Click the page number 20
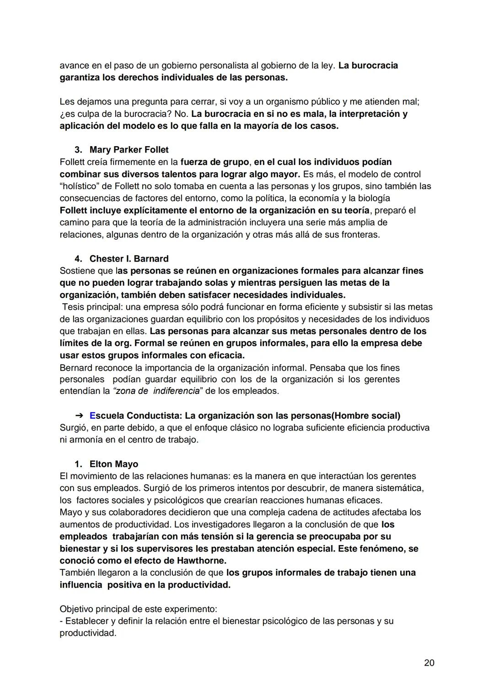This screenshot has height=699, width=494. pyautogui.click(x=429, y=662)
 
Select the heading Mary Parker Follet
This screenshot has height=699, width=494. pyautogui.click(x=129, y=150)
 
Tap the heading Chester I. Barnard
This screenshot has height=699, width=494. pyautogui.click(x=129, y=259)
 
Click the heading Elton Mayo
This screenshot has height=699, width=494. pyautogui.click(x=114, y=464)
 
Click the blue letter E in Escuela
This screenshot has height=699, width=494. pyautogui.click(x=92, y=415)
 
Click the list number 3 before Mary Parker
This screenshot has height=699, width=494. pyautogui.click(x=78, y=150)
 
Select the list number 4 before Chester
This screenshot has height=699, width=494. pyautogui.click(x=78, y=259)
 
